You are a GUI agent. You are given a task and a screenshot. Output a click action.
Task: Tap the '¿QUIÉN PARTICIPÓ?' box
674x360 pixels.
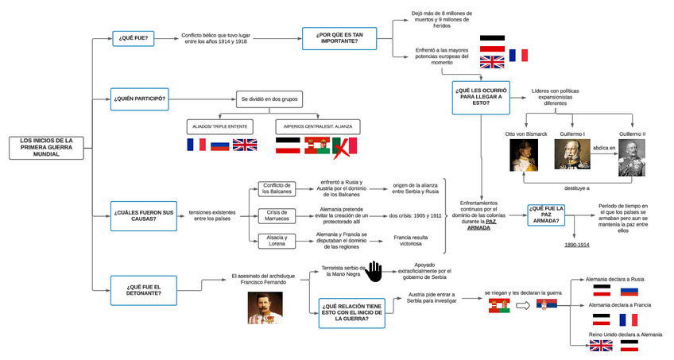[139, 99]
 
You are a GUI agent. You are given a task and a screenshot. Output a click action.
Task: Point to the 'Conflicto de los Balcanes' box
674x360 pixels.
[277, 188]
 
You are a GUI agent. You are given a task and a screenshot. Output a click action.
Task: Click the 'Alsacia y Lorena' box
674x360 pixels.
[277, 242]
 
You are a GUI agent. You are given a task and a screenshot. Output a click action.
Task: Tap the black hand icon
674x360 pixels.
[374, 272]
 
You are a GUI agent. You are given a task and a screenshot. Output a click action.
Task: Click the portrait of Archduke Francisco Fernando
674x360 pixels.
[265, 308]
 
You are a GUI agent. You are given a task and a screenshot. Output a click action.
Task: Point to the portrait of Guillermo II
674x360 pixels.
[633, 157]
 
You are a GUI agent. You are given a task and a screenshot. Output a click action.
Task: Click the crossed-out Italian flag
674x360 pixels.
[345, 146]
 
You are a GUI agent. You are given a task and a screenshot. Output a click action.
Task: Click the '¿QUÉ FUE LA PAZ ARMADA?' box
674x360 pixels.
[550, 215]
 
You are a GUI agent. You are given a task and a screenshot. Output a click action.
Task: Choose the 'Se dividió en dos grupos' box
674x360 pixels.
[269, 99]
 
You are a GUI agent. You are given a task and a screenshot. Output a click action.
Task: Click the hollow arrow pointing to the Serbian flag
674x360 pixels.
[523, 306]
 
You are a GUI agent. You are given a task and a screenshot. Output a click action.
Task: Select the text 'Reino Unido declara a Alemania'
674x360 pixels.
[625, 335]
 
